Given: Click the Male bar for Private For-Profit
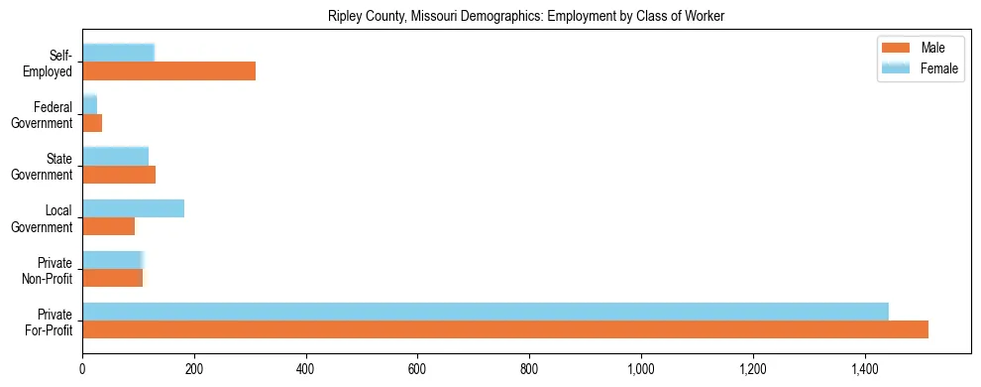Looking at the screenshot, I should click(505, 329).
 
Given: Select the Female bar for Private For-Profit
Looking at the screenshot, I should click(486, 312).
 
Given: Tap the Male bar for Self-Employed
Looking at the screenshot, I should click(168, 71).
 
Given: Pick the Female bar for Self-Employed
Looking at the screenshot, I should click(118, 53).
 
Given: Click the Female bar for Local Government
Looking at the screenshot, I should click(133, 208).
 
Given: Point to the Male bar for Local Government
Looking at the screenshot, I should click(108, 226).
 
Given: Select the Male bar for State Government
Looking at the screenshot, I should click(119, 175).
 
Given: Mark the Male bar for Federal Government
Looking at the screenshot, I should click(92, 123).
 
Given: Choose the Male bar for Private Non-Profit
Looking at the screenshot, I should click(112, 278).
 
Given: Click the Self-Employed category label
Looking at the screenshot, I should click(51, 63).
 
